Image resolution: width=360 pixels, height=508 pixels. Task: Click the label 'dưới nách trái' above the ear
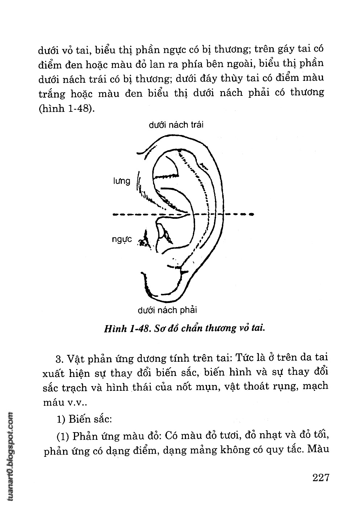[x=176, y=125]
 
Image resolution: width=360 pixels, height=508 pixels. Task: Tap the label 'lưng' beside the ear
[x=121, y=181]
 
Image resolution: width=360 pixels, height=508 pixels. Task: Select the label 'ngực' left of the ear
[x=122, y=239]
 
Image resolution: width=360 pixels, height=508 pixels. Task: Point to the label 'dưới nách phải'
[x=167, y=310]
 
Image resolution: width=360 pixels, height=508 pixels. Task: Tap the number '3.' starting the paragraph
[x=61, y=359]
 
